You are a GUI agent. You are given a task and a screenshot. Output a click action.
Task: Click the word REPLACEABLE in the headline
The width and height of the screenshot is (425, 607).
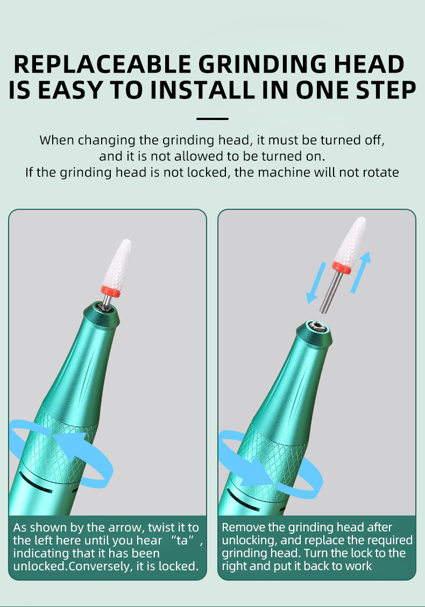click(x=102, y=64)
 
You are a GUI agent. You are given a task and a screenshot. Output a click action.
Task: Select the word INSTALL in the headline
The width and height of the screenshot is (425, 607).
click(x=203, y=90)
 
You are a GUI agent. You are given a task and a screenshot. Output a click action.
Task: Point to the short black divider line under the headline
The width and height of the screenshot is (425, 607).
click(x=212, y=119)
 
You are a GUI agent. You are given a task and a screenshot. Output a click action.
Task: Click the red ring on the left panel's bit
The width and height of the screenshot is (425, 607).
click(x=111, y=291)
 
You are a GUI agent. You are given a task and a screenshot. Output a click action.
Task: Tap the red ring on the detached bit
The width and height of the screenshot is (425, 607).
click(x=342, y=267)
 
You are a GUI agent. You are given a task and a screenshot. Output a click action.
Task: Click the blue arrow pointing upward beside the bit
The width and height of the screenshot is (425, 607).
click(x=361, y=272)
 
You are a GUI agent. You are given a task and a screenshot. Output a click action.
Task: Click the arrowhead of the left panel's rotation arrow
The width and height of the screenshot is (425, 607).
click(x=72, y=444)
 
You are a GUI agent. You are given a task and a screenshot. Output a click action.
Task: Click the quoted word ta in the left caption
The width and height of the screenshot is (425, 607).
click(x=182, y=540)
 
